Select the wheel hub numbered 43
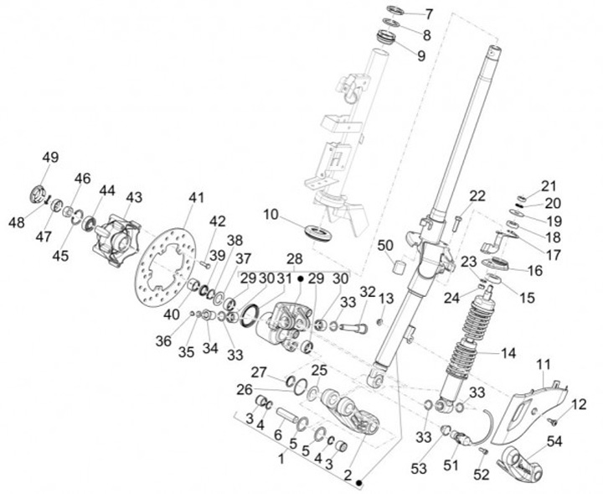[115, 239]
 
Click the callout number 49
[50, 158]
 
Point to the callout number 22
[477, 196]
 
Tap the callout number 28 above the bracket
[294, 259]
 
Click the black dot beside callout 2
[359, 483]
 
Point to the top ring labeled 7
[395, 9]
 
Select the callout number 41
[196, 198]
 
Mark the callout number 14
[508, 353]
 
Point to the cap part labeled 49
[38, 194]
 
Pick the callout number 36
[164, 341]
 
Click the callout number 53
[420, 469]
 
